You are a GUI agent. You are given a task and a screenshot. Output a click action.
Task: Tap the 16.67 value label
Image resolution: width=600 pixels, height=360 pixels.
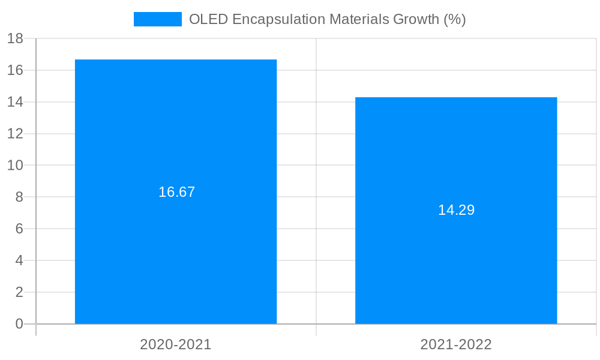coord(176,192)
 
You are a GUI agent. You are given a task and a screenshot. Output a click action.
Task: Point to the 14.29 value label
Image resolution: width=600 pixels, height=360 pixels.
coord(456,210)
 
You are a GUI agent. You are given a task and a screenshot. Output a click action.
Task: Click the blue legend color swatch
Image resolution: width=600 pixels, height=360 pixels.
coord(157,19)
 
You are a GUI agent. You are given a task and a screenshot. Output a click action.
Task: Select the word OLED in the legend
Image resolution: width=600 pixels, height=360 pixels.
coord(208,19)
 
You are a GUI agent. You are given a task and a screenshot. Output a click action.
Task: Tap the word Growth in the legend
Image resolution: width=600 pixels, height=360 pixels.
coord(416,19)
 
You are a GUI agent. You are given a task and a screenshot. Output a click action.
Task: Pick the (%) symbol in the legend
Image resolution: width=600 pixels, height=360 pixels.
coord(454,19)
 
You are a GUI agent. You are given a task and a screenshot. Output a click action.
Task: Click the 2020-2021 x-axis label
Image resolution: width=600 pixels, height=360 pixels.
coord(176,344)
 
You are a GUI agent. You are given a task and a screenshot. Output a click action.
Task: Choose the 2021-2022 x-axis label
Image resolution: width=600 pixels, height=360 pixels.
coord(456,344)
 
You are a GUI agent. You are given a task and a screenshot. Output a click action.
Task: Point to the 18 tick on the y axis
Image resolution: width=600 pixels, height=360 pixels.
coord(15,38)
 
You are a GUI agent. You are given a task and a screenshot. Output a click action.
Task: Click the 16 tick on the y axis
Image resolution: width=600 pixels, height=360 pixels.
coord(15,70)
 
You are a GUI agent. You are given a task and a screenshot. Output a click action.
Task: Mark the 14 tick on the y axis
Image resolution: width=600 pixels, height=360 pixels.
coord(15,102)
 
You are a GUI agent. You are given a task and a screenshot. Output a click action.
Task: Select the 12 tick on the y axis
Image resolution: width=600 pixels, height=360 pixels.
coord(15,134)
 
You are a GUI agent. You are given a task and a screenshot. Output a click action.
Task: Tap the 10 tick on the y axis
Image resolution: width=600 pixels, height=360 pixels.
coord(15,166)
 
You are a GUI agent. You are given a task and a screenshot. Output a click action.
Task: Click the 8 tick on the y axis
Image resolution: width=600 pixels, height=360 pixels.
coord(19,197)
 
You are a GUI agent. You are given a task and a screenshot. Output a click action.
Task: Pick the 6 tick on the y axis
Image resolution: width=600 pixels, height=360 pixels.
coord(19,229)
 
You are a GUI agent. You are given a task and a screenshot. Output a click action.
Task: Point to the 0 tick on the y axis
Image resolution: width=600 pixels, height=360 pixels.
coord(19,324)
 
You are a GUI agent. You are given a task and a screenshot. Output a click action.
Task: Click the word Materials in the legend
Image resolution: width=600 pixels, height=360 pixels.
coord(358,19)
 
